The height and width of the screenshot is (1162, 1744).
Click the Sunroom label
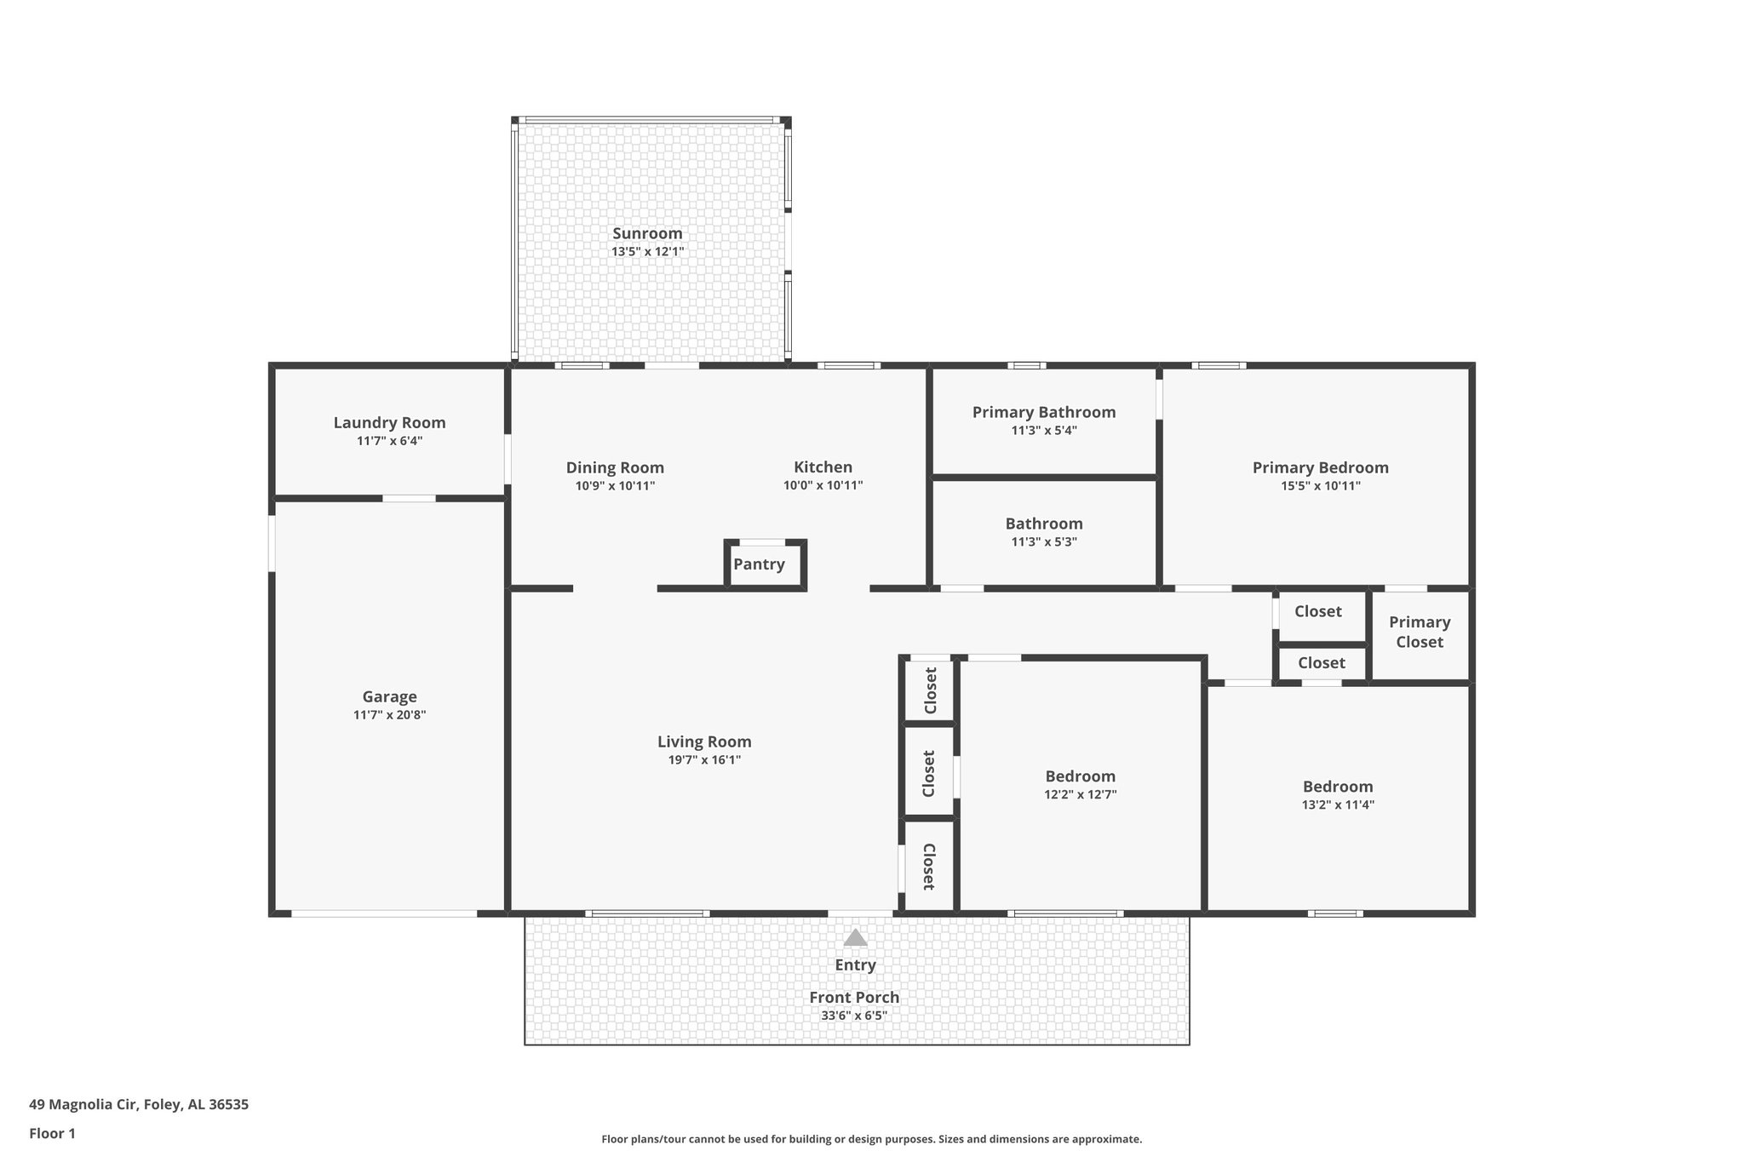647,233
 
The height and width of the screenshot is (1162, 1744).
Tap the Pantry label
759,564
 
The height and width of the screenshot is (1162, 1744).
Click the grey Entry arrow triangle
855,937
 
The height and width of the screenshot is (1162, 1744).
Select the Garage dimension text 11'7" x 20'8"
389,715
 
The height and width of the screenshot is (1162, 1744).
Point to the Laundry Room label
389,422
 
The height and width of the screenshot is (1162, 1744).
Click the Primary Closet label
1419,632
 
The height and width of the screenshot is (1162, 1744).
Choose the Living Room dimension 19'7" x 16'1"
704,760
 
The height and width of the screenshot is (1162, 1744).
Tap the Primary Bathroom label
1043,412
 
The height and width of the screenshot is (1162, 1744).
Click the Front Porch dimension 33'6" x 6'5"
854,1016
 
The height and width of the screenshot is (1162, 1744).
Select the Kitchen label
823,467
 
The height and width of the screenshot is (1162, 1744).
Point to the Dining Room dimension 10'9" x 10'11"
615,486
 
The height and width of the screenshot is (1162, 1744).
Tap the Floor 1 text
52,1133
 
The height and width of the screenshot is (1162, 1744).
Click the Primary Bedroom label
1320,467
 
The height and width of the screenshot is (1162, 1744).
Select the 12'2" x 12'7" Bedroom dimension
1080,795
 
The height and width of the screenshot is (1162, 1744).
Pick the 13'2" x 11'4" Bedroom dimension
1337,805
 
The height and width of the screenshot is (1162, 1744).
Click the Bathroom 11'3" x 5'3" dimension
1043,542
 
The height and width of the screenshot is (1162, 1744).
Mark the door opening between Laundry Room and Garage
409,498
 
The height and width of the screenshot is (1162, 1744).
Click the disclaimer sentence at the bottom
871,1139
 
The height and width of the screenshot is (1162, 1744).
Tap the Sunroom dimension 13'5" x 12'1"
647,252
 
